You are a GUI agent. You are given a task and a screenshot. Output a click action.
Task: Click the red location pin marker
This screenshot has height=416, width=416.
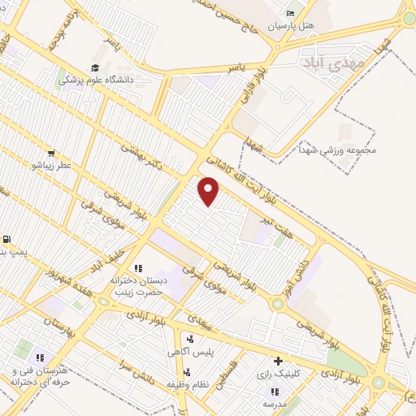[210, 191]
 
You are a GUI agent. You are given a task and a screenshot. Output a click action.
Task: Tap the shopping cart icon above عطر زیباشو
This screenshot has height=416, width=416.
[51, 153]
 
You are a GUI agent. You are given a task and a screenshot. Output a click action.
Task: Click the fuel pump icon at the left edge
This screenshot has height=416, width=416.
[6, 240]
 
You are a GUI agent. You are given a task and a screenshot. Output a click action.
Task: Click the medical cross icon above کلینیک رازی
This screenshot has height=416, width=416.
[279, 361]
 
